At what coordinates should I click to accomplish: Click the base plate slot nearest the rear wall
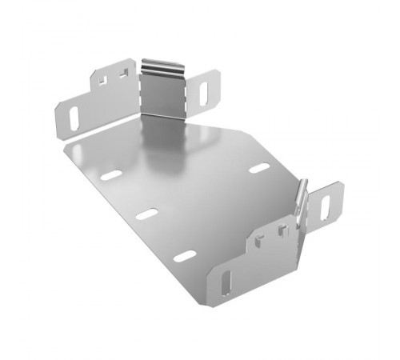coord(112,174)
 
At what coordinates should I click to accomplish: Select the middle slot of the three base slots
coord(146,214)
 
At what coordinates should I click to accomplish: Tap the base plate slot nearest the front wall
coord(185,255)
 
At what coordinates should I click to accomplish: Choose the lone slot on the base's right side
coord(258,168)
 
